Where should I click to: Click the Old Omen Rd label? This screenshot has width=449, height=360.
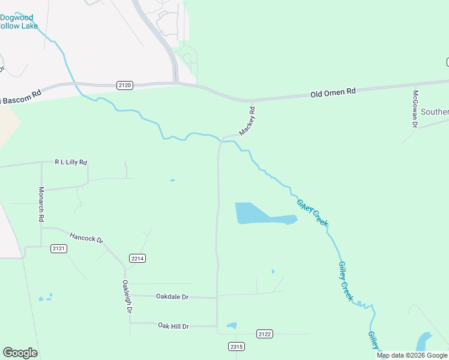pyautogui.click(x=333, y=92)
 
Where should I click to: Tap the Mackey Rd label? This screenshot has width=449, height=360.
pyautogui.click(x=247, y=121)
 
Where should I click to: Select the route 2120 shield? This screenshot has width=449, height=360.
pyautogui.click(x=125, y=86)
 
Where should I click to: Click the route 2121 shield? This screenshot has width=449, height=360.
pyautogui.click(x=58, y=248)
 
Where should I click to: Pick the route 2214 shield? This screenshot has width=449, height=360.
pyautogui.click(x=137, y=258)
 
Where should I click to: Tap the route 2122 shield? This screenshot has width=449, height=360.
pyautogui.click(x=264, y=334)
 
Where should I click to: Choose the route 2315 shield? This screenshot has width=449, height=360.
pyautogui.click(x=237, y=346)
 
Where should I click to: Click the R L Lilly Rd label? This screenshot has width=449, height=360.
pyautogui.click(x=71, y=162)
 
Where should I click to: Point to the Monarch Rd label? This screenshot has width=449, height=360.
pyautogui.click(x=41, y=204)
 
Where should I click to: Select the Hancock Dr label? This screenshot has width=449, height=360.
pyautogui.click(x=86, y=238)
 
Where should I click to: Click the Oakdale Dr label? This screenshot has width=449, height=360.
pyautogui.click(x=172, y=296)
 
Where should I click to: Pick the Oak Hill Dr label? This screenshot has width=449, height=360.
pyautogui.click(x=173, y=326)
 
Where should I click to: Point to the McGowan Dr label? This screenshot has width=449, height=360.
pyautogui.click(x=414, y=108)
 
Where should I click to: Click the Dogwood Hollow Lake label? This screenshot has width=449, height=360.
pyautogui.click(x=18, y=22)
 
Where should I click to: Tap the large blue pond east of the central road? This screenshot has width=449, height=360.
pyautogui.click(x=255, y=214)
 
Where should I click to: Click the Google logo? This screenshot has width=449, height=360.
pyautogui.click(x=20, y=353)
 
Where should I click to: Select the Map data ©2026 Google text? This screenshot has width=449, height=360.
pyautogui.click(x=412, y=355)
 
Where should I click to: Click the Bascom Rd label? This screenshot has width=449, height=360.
pyautogui.click(x=22, y=95)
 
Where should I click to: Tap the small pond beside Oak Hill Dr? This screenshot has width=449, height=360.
pyautogui.click(x=231, y=326)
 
